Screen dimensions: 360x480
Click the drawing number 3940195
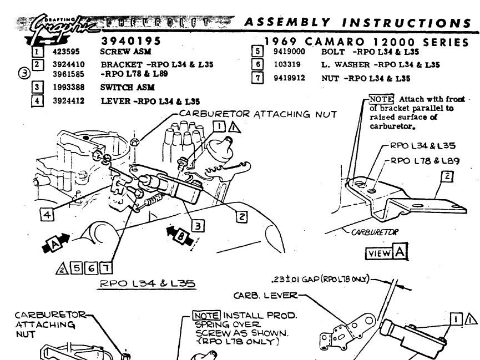pyautogui.click(x=132, y=42)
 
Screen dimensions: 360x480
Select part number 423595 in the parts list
pyautogui.click(x=64, y=52)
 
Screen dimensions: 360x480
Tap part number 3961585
pyautogui.click(x=69, y=73)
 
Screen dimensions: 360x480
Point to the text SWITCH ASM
pyautogui.click(x=127, y=87)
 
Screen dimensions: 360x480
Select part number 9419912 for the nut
pyautogui.click(x=289, y=78)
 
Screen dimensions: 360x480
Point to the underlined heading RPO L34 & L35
pyautogui.click(x=147, y=283)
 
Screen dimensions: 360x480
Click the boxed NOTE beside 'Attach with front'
pyautogui.click(x=381, y=99)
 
